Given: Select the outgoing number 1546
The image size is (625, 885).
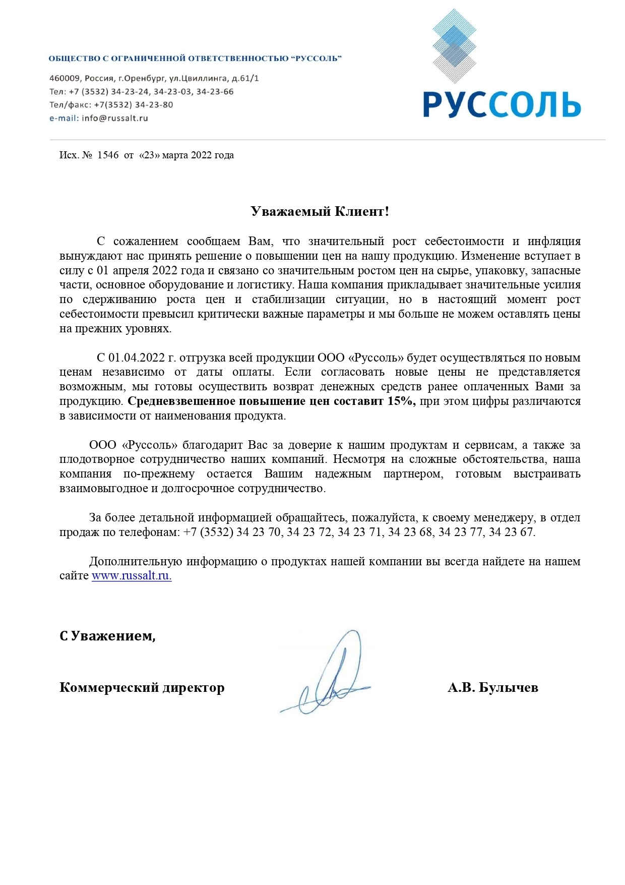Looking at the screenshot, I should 107,155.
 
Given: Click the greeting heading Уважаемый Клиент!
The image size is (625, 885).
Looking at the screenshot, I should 320,211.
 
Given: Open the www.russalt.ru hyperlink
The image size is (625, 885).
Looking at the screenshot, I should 132,576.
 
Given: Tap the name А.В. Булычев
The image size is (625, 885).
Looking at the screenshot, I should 492,687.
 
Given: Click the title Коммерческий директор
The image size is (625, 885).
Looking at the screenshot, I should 142,687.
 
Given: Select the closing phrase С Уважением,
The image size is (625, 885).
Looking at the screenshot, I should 107,636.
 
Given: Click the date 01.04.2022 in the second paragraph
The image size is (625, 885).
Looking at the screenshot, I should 137,358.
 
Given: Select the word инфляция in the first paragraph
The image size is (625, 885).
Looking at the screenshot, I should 554,241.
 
